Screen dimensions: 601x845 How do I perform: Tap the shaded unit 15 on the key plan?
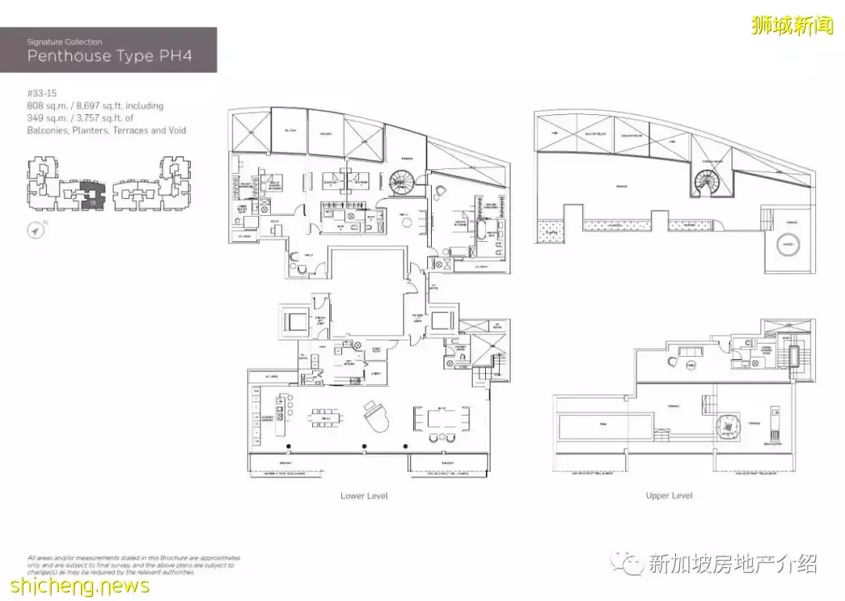pyautogui.click(x=92, y=193)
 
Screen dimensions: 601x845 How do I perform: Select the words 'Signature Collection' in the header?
pyautogui.click(x=64, y=41)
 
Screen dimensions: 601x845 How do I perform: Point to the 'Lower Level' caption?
pyautogui.click(x=364, y=495)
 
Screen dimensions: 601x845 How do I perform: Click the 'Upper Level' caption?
pyautogui.click(x=669, y=495)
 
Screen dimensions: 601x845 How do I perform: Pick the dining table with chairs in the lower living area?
pyautogui.click(x=444, y=420)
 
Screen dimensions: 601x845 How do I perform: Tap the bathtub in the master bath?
pyautogui.click(x=476, y=231)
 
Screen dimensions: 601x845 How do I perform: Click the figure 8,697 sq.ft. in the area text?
pyautogui.click(x=110, y=105)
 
